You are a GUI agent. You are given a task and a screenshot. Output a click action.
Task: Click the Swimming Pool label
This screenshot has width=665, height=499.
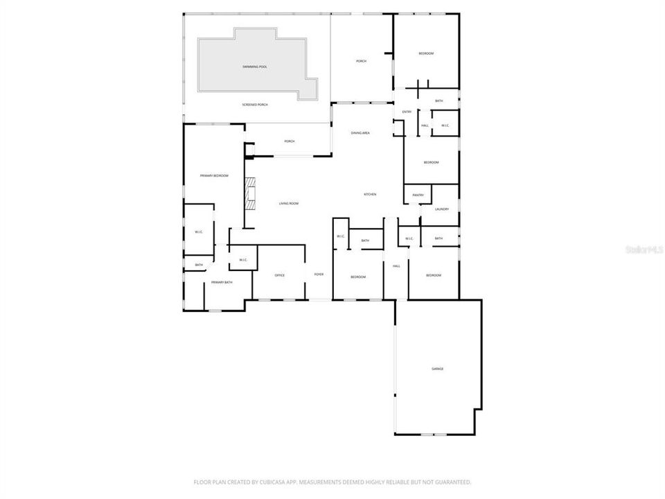tap(255, 67)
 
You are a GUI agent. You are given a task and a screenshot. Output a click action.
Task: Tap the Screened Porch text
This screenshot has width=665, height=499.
tap(255, 105)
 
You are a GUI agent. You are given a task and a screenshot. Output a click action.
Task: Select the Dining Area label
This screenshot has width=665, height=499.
tap(360, 132)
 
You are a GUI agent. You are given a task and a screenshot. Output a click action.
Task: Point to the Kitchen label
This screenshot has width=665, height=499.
tap(370, 194)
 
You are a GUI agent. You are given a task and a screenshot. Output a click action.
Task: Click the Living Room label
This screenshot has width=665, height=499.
tap(288, 203)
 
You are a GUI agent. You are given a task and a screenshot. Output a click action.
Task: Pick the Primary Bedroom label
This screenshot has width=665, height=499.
tap(214, 176)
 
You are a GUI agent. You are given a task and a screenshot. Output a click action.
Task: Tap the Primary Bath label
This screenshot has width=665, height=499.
tap(222, 282)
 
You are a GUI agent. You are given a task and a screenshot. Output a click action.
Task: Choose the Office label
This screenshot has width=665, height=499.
tap(280, 275)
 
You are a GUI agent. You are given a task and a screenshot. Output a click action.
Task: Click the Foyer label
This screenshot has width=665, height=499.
tap(319, 274)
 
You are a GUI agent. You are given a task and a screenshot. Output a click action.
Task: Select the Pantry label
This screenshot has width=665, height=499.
tap(418, 195)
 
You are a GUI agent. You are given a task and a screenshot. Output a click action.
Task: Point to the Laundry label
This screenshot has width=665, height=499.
tap(442, 209)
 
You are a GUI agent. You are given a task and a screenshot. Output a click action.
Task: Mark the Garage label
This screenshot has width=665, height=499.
tap(438, 369)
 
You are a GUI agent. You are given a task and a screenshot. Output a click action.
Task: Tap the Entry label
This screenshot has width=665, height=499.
tap(407, 112)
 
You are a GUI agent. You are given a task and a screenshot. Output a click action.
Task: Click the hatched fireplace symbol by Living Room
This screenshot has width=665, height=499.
tap(249, 194)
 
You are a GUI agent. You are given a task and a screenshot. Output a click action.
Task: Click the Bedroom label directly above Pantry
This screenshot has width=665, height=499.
tap(431, 162)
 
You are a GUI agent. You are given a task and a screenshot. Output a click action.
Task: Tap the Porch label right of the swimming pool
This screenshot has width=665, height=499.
tap(361, 62)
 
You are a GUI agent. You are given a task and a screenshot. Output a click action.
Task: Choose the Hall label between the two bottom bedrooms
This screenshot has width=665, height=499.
tap(397, 266)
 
